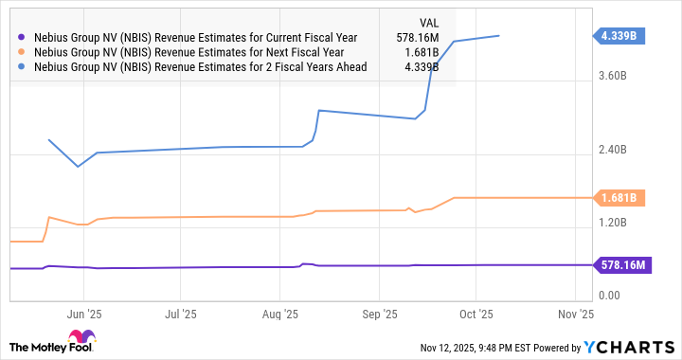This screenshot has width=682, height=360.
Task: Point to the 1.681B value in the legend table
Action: [423, 52]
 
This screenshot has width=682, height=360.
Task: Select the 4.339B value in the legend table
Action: [423, 67]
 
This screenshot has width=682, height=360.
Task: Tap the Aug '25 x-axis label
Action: [281, 313]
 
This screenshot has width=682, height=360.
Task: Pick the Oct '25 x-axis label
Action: [476, 313]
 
